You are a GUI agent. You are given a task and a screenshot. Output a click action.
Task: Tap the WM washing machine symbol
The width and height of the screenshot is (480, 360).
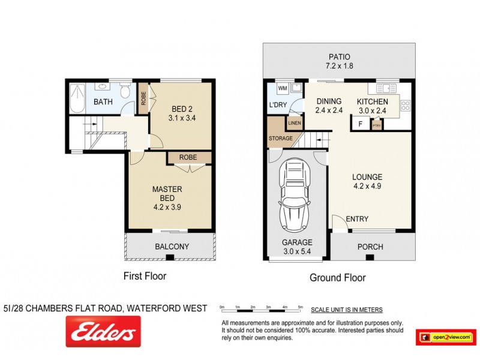(282, 89)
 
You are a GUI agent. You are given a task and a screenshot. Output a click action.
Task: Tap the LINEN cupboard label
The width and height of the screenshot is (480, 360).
(294, 124)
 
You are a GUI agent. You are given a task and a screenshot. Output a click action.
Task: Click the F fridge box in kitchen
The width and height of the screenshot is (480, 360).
(360, 125)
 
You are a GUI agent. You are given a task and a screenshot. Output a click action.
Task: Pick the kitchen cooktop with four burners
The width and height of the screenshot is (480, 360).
(405, 106)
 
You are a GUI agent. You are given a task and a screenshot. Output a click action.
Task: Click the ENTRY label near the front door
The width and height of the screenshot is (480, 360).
(357, 219)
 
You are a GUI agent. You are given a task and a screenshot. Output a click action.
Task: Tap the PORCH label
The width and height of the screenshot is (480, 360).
(370, 247)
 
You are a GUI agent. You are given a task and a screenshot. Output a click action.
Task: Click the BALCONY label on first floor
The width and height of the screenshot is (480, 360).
(172, 247)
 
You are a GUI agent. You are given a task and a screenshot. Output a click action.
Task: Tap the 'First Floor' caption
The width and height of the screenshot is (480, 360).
(145, 277)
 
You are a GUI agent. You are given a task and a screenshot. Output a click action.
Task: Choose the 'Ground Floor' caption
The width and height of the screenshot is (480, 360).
(337, 278)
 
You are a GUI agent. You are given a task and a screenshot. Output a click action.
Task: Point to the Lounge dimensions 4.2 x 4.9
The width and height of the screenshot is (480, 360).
(367, 187)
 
